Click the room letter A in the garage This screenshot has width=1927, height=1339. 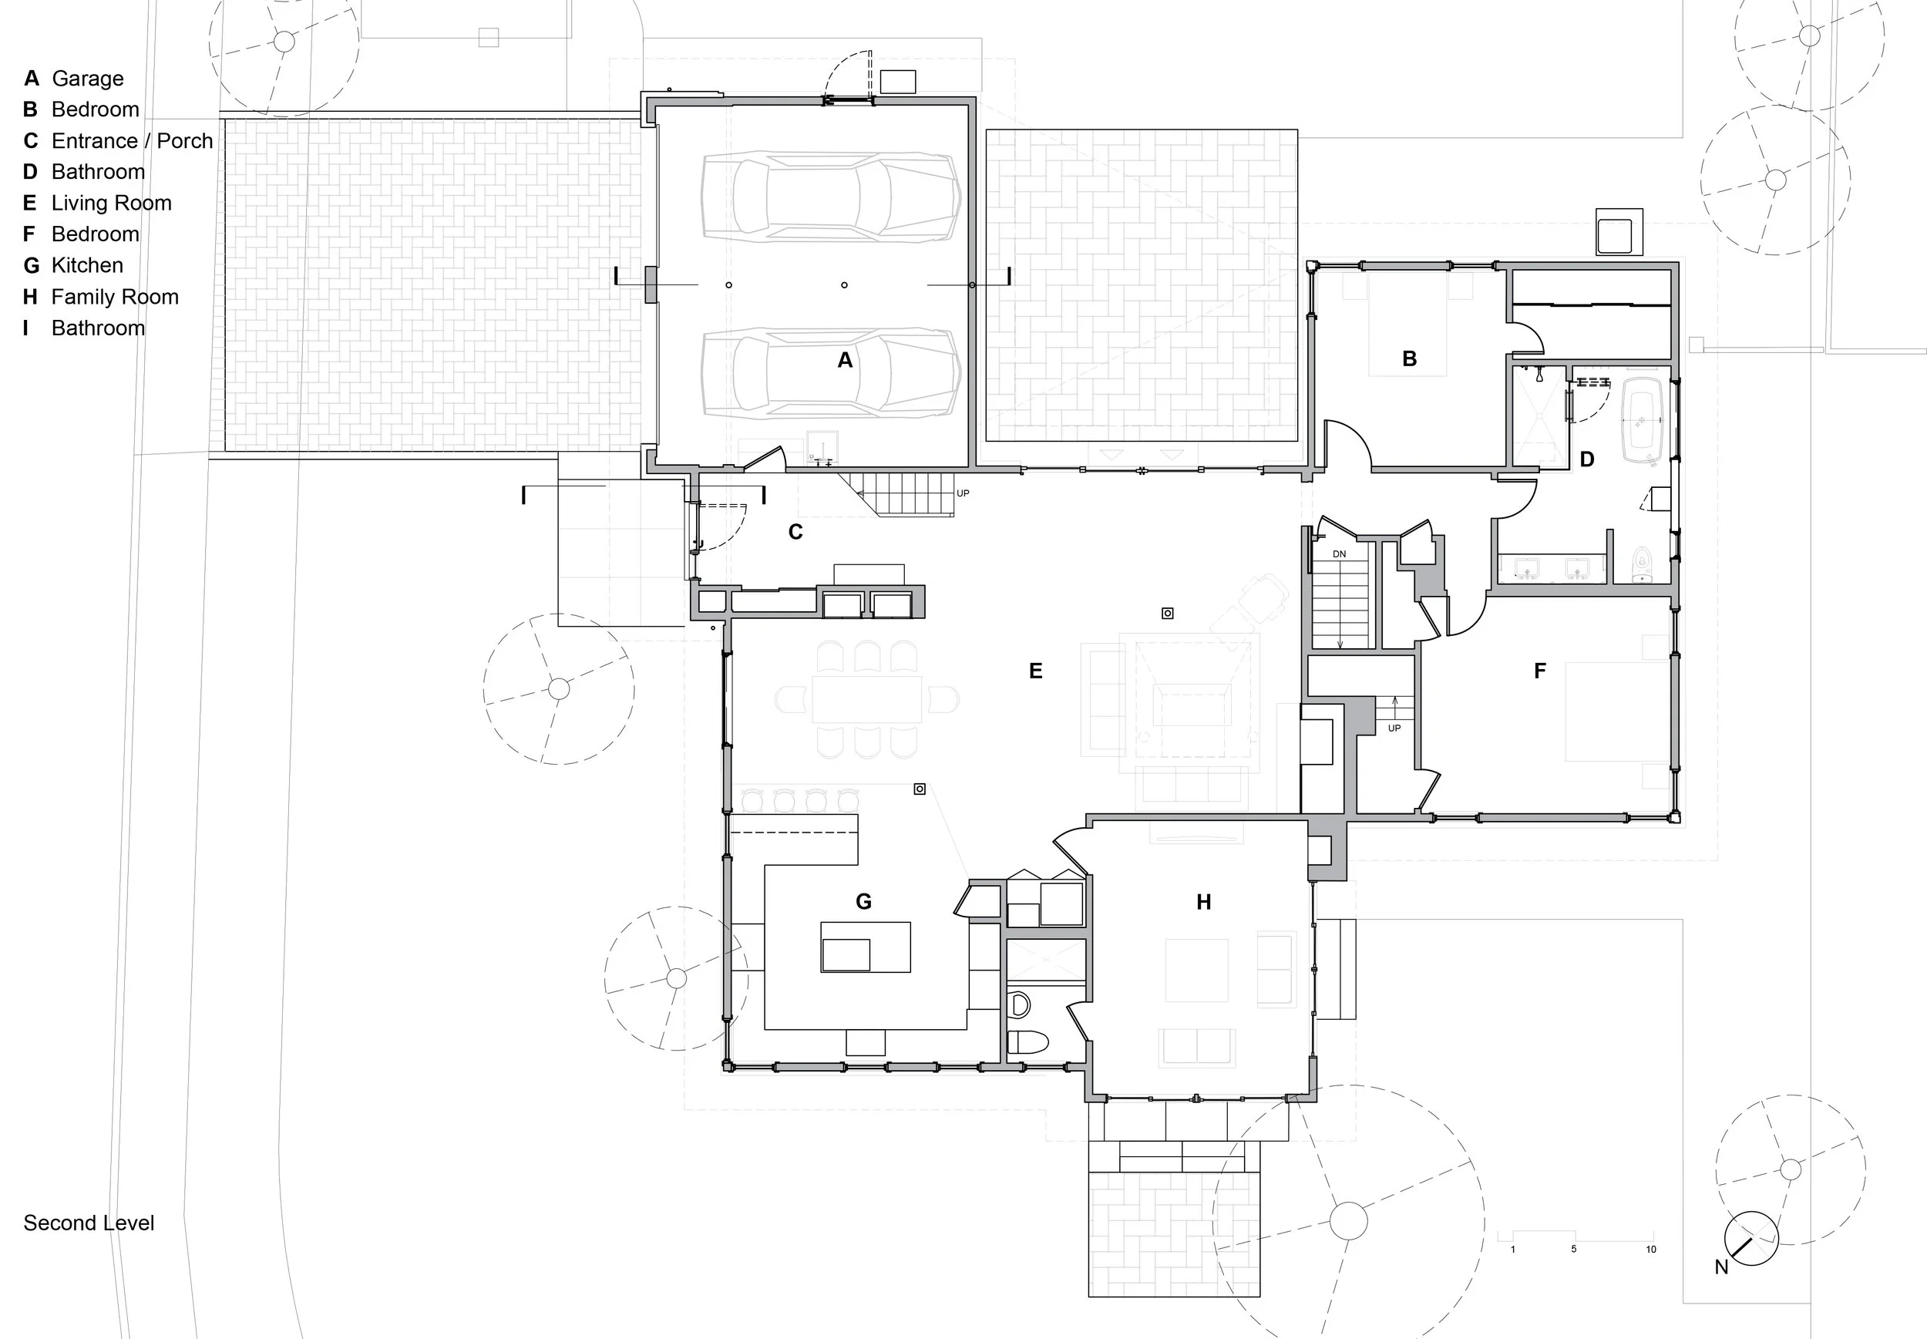845,360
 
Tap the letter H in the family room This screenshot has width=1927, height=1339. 1204,902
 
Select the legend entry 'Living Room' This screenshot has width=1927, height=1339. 112,203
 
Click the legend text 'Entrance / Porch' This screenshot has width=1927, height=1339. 133,141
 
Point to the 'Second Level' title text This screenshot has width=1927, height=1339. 89,1223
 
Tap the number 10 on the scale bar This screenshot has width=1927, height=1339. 1651,1250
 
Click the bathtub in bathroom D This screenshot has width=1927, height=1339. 1643,419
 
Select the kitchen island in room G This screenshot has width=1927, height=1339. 866,947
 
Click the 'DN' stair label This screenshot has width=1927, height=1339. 1339,554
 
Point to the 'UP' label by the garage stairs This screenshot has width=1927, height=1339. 963,493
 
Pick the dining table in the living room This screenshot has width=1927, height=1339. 866,699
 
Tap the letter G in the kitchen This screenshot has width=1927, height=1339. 863,901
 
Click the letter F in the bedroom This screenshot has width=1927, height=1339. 1539,671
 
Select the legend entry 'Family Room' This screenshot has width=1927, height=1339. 115,297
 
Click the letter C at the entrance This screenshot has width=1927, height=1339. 795,532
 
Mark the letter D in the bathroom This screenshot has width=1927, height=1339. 1586,459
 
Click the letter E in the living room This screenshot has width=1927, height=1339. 1035,671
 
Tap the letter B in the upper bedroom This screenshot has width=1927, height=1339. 1409,358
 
